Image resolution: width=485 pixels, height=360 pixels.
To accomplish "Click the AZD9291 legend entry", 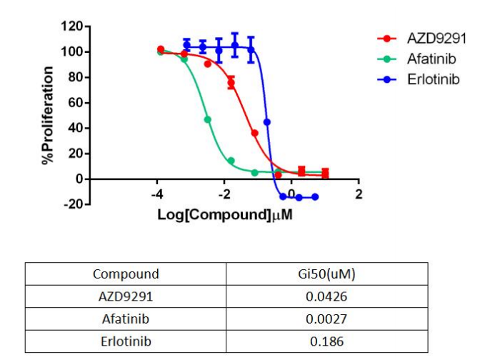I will pyautogui.click(x=429, y=38).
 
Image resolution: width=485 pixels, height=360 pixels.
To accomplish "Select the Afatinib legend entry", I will pyautogui.click(x=426, y=59).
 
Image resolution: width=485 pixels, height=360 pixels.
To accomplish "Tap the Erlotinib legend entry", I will pyautogui.click(x=428, y=79).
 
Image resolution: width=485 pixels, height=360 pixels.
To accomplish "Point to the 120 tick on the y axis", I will pyautogui.click(x=72, y=27).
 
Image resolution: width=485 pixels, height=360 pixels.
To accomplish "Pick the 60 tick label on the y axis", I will pyautogui.click(x=75, y=103).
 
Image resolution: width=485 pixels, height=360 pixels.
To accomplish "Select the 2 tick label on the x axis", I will pyautogui.click(x=359, y=195).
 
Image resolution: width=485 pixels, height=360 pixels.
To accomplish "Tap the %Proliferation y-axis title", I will pyautogui.click(x=49, y=116).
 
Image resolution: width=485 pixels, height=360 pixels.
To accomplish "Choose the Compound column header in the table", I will pyautogui.click(x=126, y=274).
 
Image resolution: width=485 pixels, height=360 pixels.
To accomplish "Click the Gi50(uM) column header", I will pyautogui.click(x=326, y=274).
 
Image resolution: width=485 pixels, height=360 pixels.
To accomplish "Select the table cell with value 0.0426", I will pyautogui.click(x=326, y=296).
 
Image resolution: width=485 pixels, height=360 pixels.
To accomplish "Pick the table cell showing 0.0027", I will pyautogui.click(x=326, y=319).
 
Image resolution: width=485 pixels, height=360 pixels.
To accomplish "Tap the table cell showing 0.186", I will pyautogui.click(x=326, y=342).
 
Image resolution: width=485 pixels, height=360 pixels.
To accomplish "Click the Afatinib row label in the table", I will pyautogui.click(x=126, y=319).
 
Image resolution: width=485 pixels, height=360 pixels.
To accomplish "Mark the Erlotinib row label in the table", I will pyautogui.click(x=126, y=342).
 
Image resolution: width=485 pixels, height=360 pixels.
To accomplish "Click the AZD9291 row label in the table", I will pyautogui.click(x=126, y=296).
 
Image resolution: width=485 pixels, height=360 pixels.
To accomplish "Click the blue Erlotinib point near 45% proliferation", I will pyautogui.click(x=267, y=122).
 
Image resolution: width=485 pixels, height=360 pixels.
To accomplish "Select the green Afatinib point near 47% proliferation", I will pyautogui.click(x=208, y=119).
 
